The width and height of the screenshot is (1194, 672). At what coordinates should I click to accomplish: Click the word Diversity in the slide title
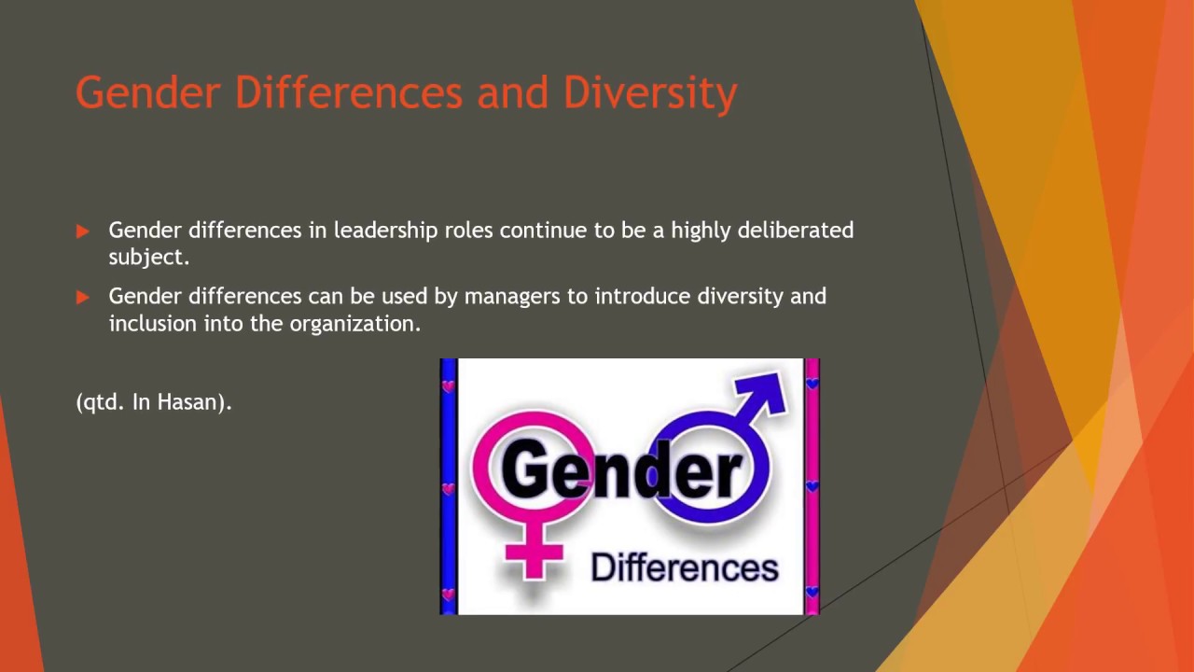tap(650, 93)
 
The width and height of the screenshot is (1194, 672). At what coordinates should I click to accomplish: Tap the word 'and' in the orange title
tap(512, 93)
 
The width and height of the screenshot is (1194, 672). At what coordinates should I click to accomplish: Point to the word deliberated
tap(795, 231)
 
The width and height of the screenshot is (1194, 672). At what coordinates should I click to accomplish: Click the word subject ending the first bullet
tap(148, 258)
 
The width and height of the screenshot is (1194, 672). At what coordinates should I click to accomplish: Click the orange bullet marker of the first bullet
tap(83, 231)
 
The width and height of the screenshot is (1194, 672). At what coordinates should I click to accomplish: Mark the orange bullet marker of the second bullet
tap(83, 298)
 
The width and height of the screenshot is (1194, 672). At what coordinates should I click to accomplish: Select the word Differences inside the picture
tap(685, 567)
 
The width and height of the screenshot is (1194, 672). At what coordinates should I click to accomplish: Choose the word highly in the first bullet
tap(701, 231)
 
